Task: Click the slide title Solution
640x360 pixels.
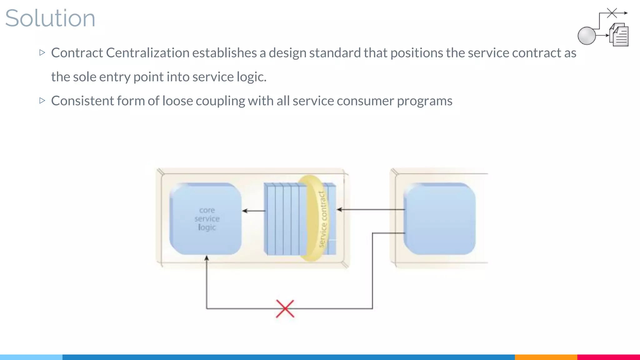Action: [50, 18]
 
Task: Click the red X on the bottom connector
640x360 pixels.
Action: [285, 309]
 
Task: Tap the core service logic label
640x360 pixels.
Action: [207, 219]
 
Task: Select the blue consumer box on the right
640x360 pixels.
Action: [440, 219]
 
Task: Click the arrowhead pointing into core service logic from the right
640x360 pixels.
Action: [245, 211]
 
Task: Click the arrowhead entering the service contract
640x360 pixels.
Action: [339, 209]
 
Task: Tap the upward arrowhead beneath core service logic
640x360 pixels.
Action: [207, 258]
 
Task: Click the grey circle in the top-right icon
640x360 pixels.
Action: [587, 36]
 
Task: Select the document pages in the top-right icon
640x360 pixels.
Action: [620, 35]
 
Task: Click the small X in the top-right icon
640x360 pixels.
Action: [612, 13]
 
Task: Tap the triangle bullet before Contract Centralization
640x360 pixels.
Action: [42, 52]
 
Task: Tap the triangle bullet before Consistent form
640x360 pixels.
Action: [42, 101]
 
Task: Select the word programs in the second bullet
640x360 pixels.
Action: [424, 101]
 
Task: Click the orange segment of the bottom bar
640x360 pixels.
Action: [546, 357]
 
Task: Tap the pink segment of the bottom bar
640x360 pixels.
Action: [608, 357]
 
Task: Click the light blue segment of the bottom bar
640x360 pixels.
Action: [31, 357]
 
